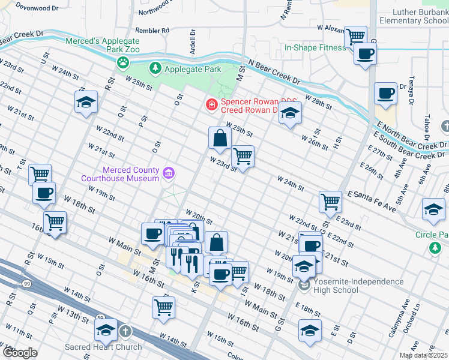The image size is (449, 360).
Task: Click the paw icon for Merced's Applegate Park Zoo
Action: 123,61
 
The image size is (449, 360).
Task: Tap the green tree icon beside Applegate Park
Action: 155,69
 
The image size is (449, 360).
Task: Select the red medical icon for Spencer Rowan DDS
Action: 211,106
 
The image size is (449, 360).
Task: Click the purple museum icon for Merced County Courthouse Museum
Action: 169,174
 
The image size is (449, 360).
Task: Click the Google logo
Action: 20,353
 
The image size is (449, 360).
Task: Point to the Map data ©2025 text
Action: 423,355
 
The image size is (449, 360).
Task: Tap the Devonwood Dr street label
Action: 37,8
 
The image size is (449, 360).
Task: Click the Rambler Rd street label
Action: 154,29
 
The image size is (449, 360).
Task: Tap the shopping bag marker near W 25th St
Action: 220,139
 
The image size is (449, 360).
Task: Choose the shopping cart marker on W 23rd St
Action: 243,157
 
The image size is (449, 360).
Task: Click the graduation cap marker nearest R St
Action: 86,102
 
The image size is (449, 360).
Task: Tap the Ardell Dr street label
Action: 193,43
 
